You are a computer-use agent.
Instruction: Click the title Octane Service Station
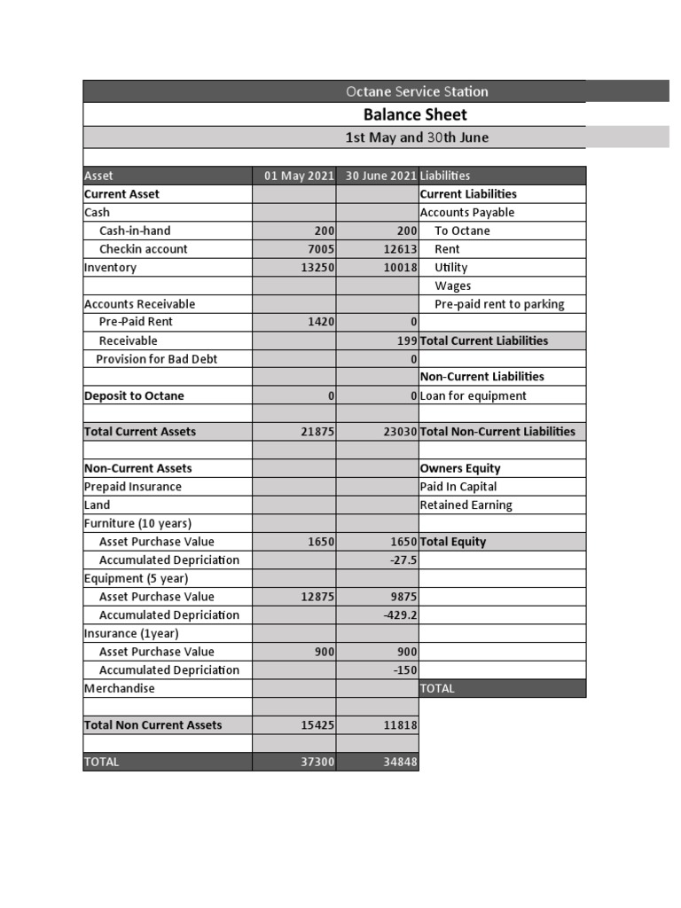[x=417, y=91]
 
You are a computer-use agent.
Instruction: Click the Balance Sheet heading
[x=415, y=114]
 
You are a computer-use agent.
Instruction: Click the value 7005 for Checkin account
[x=318, y=249]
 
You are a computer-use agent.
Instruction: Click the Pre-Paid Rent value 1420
[x=320, y=322]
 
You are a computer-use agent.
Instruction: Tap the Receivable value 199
[x=407, y=340]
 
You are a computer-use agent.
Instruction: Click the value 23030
[x=400, y=432]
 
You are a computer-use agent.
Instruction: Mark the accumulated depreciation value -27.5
[x=403, y=560]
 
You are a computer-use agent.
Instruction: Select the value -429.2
[x=401, y=615]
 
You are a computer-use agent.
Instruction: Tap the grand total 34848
[x=400, y=762]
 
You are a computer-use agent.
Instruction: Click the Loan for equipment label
[x=473, y=395]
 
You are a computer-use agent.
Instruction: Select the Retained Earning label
[x=466, y=505]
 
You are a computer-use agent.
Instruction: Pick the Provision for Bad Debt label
[x=156, y=359]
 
